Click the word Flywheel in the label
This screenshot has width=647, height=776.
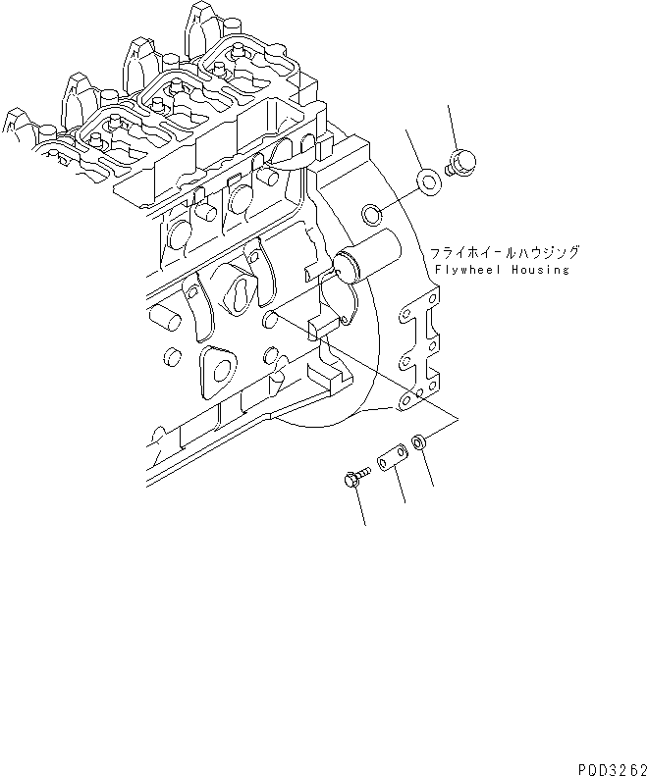pyautogui.click(x=464, y=270)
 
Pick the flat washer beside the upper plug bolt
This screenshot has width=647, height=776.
pyautogui.click(x=428, y=181)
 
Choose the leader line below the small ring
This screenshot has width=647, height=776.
pyautogui.click(x=429, y=471)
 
